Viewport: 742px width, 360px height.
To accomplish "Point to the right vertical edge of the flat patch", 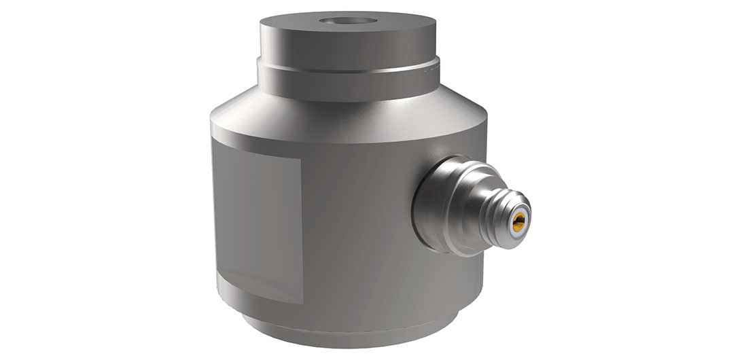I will point(301,231).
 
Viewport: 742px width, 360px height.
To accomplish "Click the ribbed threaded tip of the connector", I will point(499,210).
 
